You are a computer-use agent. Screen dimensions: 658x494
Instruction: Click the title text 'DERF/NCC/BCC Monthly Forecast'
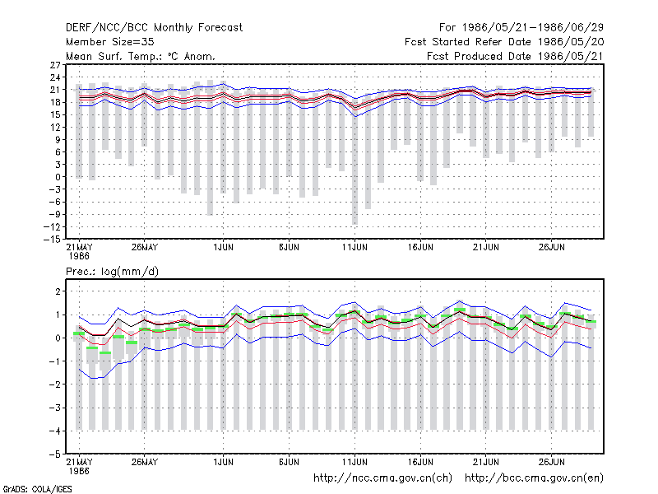(x=154, y=28)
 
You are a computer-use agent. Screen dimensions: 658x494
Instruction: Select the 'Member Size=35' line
(x=110, y=42)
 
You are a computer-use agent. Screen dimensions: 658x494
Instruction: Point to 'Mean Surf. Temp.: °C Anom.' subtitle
(x=141, y=56)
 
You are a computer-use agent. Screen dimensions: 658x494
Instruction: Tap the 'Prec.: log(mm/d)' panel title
(x=112, y=272)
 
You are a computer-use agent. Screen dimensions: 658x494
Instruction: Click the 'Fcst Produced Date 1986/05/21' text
(x=515, y=56)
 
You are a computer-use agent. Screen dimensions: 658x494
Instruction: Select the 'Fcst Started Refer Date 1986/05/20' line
(x=504, y=42)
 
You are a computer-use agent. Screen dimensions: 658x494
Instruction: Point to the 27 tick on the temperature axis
(x=55, y=65)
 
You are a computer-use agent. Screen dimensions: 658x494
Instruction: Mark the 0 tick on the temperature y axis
(x=58, y=177)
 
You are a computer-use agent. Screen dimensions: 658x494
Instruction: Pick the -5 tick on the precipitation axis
(x=55, y=454)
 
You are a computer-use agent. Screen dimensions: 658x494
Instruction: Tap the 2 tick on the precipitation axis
(x=58, y=291)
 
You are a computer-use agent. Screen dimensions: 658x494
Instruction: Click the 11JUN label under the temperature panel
(x=354, y=248)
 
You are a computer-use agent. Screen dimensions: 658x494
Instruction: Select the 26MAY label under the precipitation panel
(x=145, y=462)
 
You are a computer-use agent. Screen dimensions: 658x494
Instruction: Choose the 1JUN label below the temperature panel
(x=223, y=248)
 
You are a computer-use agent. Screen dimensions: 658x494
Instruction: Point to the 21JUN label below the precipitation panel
(x=486, y=462)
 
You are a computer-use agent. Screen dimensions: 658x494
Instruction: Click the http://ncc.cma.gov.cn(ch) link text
(x=382, y=478)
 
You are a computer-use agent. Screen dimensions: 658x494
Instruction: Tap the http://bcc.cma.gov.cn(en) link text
(x=534, y=478)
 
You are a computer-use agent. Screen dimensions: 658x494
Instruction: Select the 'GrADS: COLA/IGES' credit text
(x=37, y=489)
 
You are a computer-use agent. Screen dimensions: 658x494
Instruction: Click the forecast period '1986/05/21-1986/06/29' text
(x=533, y=28)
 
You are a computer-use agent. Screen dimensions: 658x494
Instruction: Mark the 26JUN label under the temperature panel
(x=551, y=248)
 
